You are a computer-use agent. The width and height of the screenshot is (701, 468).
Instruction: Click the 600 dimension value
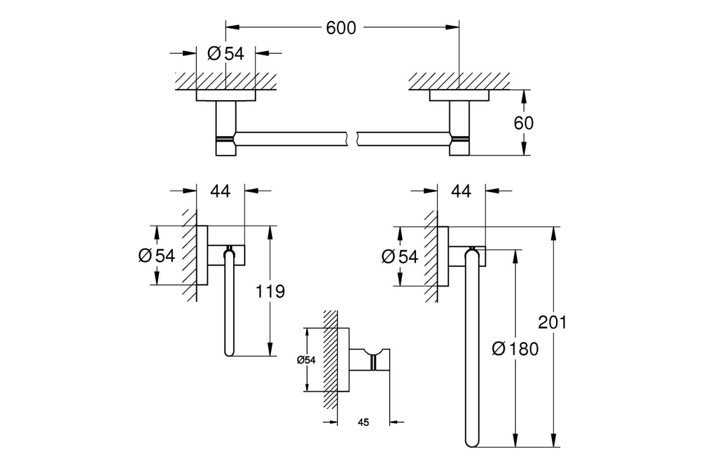pos(341,28)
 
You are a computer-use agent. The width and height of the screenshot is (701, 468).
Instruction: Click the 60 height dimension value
pos(523,123)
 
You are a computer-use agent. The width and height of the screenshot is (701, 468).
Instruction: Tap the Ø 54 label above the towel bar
pos(225,53)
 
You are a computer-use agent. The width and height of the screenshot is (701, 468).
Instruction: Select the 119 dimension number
pos(270,291)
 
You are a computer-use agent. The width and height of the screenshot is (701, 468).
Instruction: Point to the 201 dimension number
pos(553,322)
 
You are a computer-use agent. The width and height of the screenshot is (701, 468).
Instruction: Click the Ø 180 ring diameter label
pos(515,349)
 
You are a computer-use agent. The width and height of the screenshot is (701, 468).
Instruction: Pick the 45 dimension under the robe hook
pos(363,422)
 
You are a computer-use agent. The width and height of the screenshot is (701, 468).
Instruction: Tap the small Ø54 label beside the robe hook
pos(306,360)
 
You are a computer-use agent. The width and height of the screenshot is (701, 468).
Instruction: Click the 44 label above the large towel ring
pos(461,191)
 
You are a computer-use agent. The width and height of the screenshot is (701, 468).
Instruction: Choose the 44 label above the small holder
pos(220,191)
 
